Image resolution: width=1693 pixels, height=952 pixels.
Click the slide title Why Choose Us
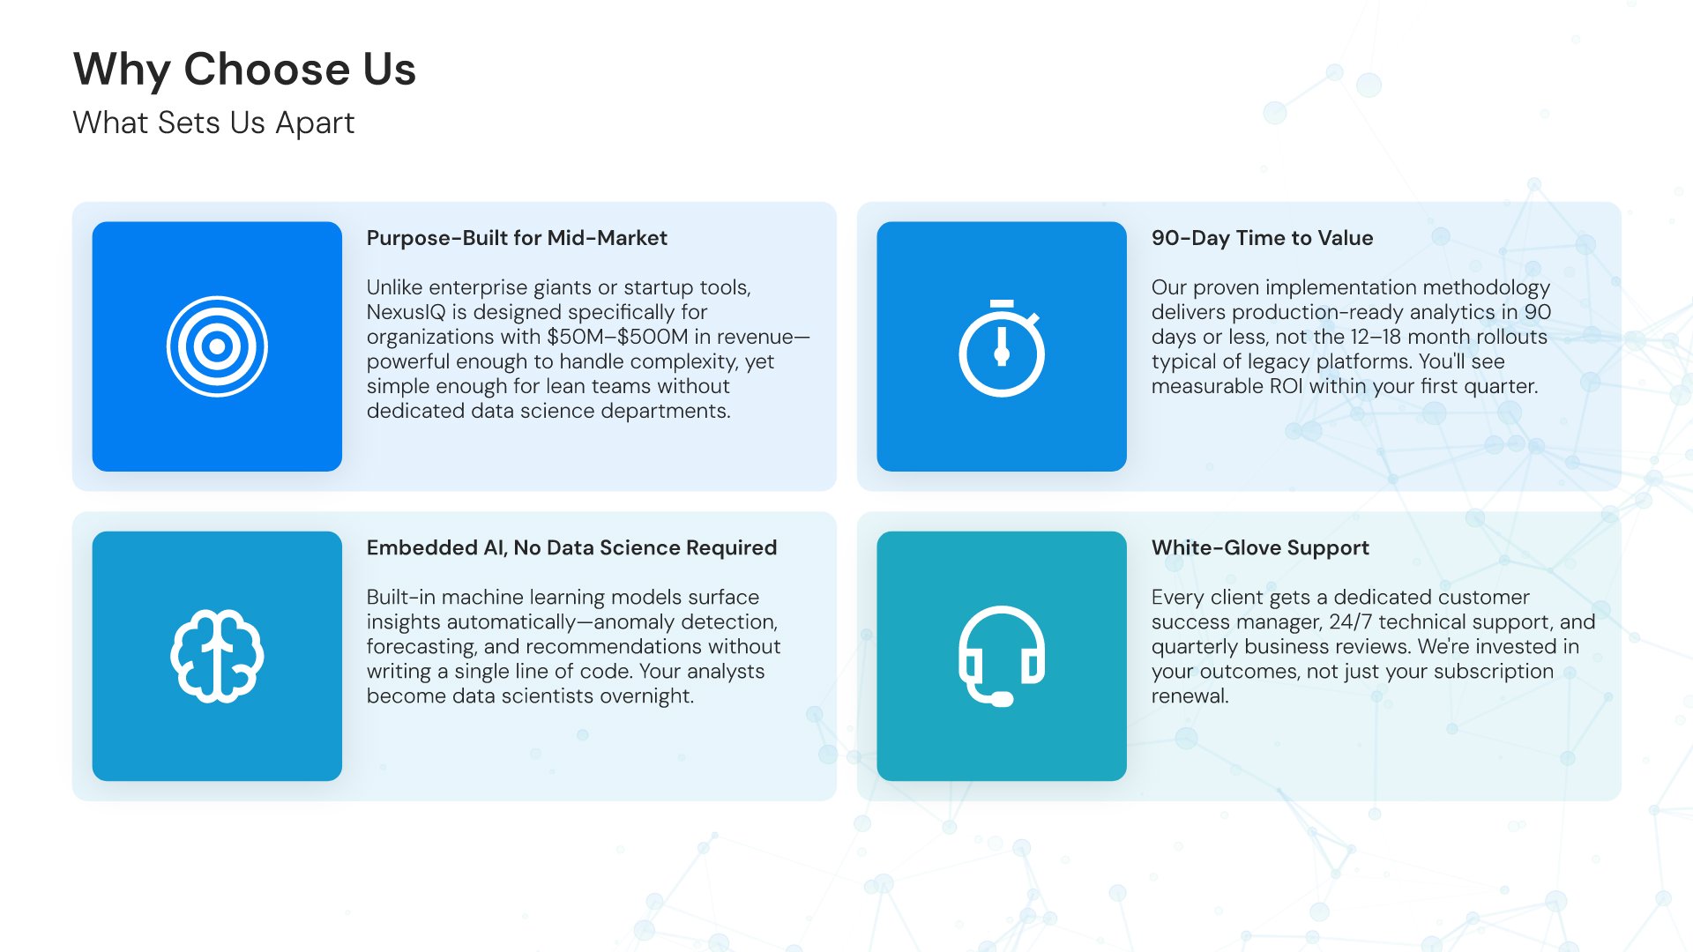244,71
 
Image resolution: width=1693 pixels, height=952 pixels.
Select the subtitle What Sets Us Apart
213,123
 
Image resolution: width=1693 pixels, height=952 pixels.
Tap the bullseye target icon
217,346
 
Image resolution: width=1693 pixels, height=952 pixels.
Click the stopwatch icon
1002,348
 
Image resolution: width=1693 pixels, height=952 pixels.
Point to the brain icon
217,656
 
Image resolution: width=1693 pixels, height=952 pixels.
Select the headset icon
1002,656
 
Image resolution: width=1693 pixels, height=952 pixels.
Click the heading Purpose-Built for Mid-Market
517,238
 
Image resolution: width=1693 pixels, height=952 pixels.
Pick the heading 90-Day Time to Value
1262,238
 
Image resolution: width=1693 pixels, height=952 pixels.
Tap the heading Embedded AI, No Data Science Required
571,547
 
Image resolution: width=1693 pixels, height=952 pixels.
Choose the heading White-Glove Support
1260,547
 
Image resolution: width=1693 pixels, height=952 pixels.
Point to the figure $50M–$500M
617,337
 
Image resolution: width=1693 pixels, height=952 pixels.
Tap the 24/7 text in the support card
1350,621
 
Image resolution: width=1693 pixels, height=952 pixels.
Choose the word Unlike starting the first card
394,287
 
